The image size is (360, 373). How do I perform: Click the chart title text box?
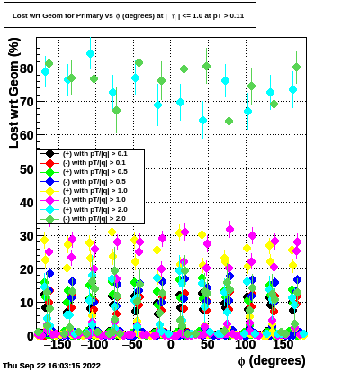tap(130, 15)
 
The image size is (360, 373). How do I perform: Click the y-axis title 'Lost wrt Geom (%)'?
tap(14, 93)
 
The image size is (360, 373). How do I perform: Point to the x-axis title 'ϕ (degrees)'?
tap(272, 360)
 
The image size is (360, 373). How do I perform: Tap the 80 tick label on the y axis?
tap(27, 68)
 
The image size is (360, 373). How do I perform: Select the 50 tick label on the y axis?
tap(27, 169)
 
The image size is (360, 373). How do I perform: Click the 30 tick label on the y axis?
tap(27, 236)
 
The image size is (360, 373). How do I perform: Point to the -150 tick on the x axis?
tap(57, 344)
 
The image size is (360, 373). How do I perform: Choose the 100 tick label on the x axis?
tap(245, 344)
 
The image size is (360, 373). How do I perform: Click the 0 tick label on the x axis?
tap(171, 344)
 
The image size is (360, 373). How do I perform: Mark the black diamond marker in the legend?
tap(49, 154)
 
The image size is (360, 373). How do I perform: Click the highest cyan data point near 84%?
tap(90, 54)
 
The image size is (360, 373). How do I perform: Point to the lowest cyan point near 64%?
tap(203, 121)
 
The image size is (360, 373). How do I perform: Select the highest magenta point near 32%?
tap(230, 230)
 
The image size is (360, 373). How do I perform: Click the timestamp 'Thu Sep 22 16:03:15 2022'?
tap(51, 366)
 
